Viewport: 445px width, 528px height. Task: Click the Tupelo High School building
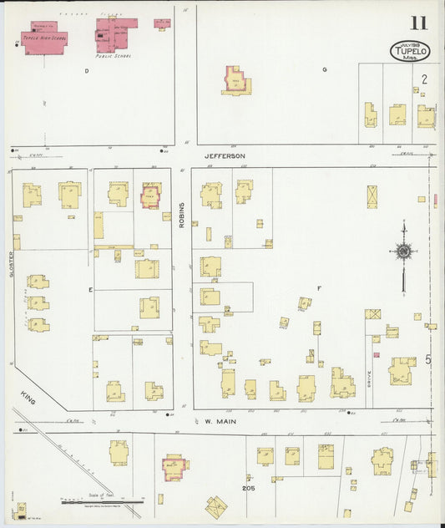pos(44,38)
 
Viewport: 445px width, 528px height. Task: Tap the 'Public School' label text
pos(114,58)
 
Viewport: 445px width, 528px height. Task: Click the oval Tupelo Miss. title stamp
pos(409,50)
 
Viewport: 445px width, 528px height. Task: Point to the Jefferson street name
pos(225,156)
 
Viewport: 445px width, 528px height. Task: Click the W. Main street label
pos(220,422)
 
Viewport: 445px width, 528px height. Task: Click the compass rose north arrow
pos(403,251)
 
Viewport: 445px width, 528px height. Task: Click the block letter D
pos(86,71)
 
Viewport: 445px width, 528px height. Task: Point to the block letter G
pos(324,70)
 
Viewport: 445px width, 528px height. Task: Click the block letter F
pos(318,288)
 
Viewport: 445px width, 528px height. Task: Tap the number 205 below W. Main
pos(248,488)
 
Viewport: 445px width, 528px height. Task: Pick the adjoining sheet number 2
pos(424,79)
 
